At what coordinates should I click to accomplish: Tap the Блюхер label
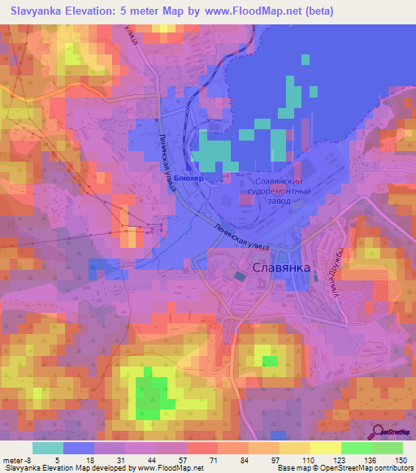[x=188, y=176]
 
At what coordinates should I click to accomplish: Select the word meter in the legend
[x=12, y=459]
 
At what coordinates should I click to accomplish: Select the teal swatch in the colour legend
[x=48, y=448]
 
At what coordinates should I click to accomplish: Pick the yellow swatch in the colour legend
[x=325, y=448]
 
